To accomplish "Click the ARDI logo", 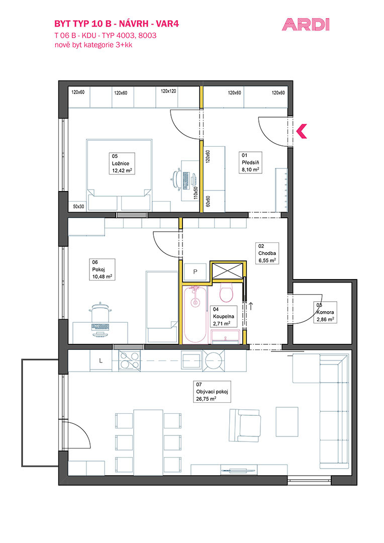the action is click(306, 25).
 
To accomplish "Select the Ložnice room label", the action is click(121, 163).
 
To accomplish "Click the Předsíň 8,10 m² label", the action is click(251, 162).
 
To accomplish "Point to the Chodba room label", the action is click(267, 253).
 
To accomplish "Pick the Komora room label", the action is click(325, 312).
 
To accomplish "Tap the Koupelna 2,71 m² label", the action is click(224, 317).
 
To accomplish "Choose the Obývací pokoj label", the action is click(212, 392).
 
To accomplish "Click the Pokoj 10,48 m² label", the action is click(102, 269).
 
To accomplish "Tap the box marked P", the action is click(195, 272).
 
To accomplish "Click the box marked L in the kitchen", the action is click(101, 360).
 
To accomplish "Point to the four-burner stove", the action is click(130, 360).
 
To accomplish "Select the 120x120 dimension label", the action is click(168, 91).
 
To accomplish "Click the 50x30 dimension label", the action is click(78, 207).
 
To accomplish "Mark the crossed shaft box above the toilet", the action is click(228, 270).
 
